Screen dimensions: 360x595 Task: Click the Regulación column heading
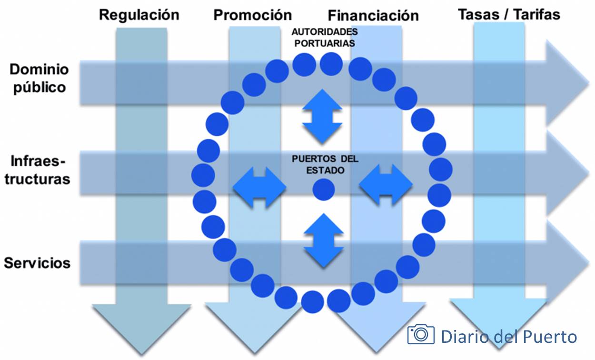[139, 15]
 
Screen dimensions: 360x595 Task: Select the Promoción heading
[253, 15]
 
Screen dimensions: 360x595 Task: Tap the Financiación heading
[373, 15]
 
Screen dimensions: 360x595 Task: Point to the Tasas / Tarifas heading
[509, 14]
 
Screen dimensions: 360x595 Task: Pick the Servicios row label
[37, 263]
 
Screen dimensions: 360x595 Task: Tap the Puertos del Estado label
[325, 164]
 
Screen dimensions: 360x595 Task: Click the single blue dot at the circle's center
[324, 190]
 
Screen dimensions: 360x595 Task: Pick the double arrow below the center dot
[324, 240]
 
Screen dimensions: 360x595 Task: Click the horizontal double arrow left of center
[259, 186]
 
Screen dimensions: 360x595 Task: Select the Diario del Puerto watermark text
[509, 336]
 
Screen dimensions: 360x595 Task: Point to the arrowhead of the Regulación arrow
[141, 329]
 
